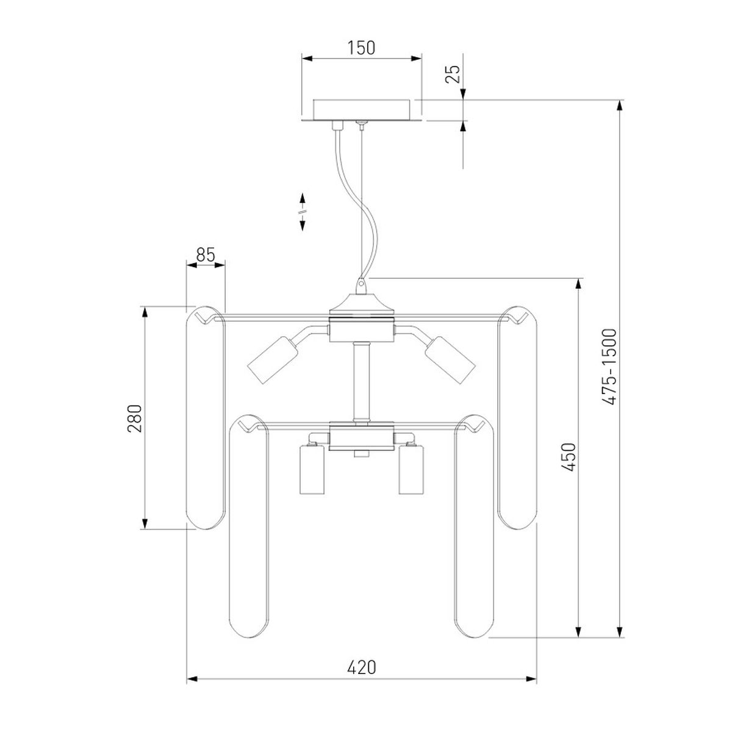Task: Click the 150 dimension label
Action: pos(361,48)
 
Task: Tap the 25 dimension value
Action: pos(453,74)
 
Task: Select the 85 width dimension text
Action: pos(206,255)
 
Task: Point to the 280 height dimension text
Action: pos(134,418)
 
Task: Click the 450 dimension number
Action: pos(569,457)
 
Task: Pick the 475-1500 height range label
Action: pos(611,367)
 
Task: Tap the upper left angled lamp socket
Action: pos(273,360)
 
